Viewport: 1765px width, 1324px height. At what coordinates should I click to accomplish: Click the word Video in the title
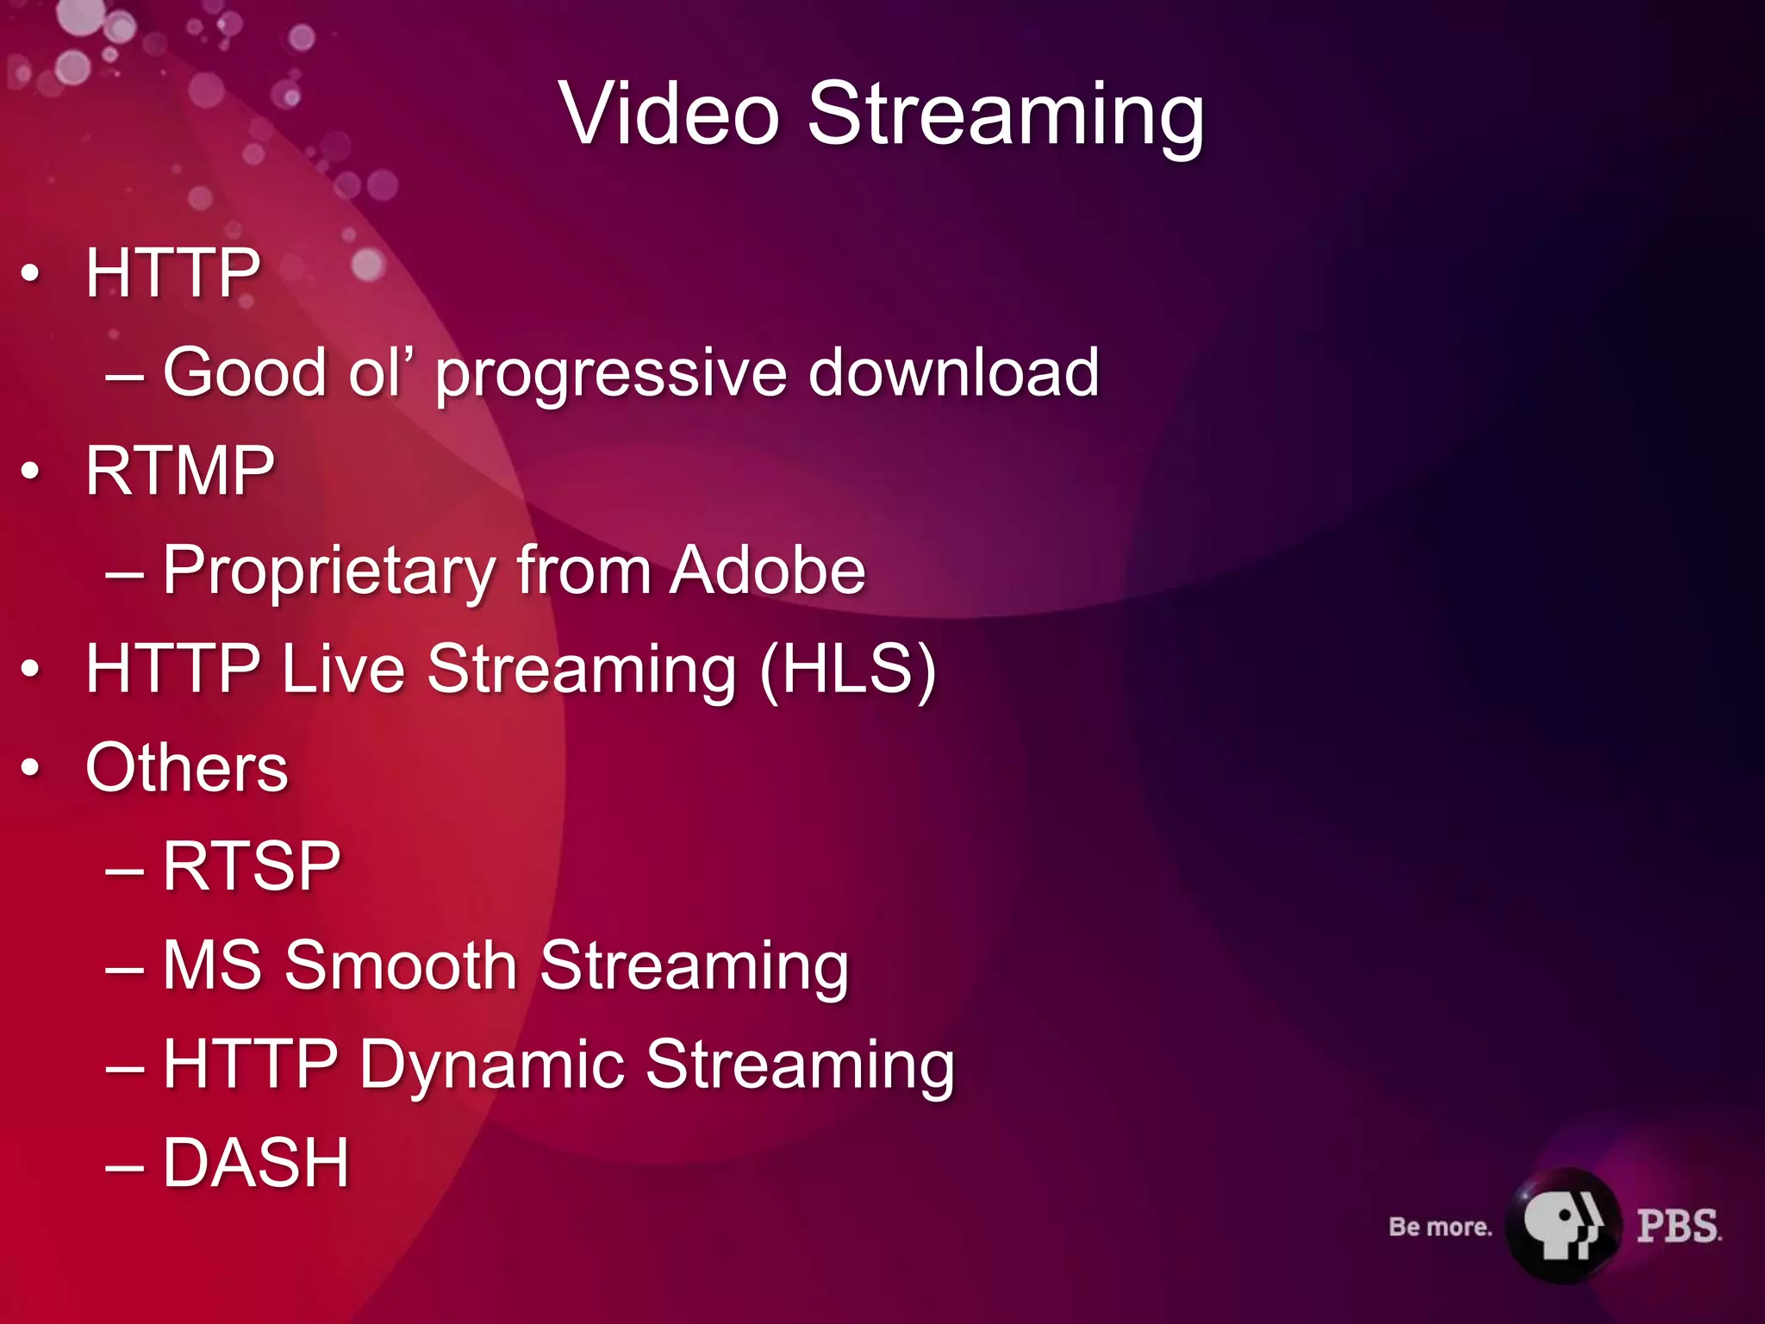coord(670,114)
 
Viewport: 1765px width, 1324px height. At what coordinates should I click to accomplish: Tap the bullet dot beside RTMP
coord(31,472)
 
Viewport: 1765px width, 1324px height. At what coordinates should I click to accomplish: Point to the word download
coord(953,372)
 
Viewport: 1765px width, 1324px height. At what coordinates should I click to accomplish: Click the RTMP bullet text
coord(179,472)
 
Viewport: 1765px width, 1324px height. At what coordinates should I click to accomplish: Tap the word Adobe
coord(768,570)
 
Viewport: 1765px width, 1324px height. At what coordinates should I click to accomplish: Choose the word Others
coord(186,767)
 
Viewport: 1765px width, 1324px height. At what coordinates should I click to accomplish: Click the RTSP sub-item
coord(251,866)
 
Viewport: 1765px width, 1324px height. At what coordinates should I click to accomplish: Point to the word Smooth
coord(400,965)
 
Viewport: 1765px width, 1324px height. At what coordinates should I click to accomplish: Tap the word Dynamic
coord(491,1065)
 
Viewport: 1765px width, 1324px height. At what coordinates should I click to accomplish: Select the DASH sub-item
coord(255,1163)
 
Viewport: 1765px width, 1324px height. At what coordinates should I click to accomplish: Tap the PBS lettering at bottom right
coord(1678,1226)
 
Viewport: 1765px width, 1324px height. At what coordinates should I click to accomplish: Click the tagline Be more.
coord(1439,1227)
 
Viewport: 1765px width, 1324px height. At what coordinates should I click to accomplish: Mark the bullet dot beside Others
coord(31,768)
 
